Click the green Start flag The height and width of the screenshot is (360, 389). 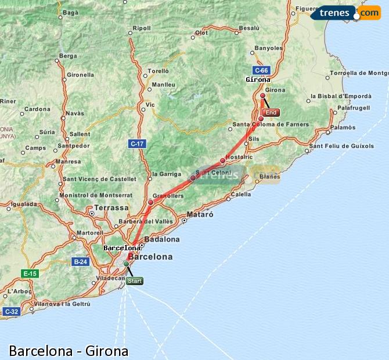(x=134, y=281)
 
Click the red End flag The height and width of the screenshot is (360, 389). (x=271, y=113)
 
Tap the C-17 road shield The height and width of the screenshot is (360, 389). (x=136, y=143)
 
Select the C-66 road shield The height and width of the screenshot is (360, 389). (x=261, y=71)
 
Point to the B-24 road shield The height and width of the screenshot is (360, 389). (x=80, y=261)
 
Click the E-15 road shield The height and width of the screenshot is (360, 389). (x=29, y=273)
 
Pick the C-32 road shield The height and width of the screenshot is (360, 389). (x=10, y=312)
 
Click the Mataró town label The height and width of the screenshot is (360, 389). (x=200, y=214)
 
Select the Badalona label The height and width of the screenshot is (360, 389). (x=161, y=239)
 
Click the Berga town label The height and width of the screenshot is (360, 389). (x=68, y=56)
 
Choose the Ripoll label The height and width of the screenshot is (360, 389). (x=142, y=28)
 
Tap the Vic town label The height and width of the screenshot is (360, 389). (x=150, y=105)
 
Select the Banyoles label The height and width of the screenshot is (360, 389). (x=269, y=48)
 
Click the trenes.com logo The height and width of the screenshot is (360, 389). (x=346, y=12)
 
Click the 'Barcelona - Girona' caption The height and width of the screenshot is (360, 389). (x=69, y=351)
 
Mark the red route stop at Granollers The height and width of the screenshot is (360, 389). (x=150, y=202)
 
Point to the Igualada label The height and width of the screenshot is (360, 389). (x=23, y=204)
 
